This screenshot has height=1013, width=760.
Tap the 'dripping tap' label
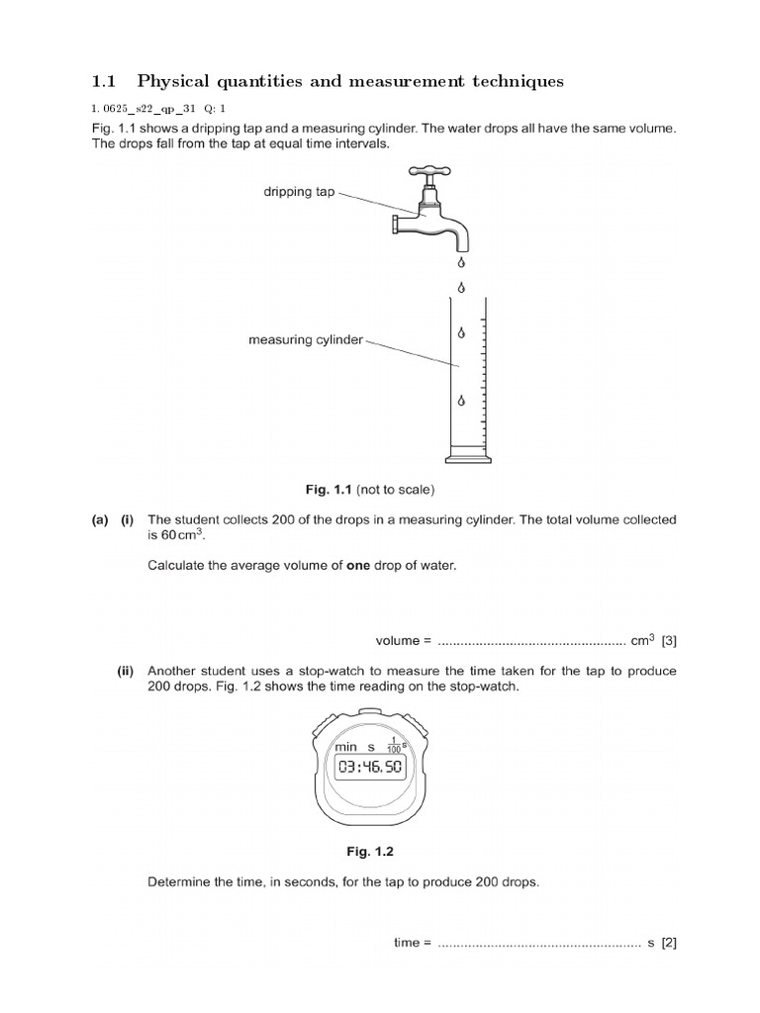tap(299, 192)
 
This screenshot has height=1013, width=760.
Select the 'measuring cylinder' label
tap(306, 340)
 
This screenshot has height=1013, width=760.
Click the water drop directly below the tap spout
tap(460, 263)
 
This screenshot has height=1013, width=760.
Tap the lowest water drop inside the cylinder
tap(460, 401)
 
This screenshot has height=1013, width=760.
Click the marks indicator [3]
tap(669, 642)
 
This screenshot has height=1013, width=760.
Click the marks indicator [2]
tap(669, 943)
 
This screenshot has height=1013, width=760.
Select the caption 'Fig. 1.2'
tap(379, 850)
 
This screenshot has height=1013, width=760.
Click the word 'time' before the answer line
tap(407, 943)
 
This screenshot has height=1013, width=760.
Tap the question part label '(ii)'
tap(126, 671)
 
